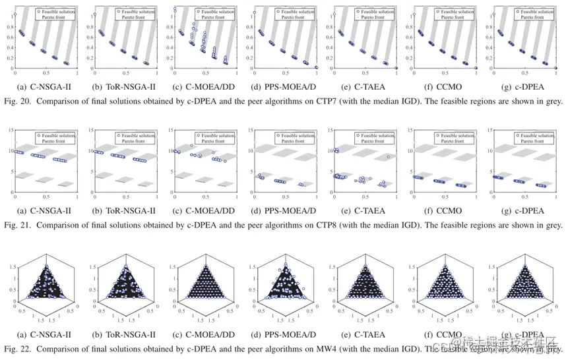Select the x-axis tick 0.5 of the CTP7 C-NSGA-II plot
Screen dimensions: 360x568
pyautogui.click(x=45, y=75)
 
